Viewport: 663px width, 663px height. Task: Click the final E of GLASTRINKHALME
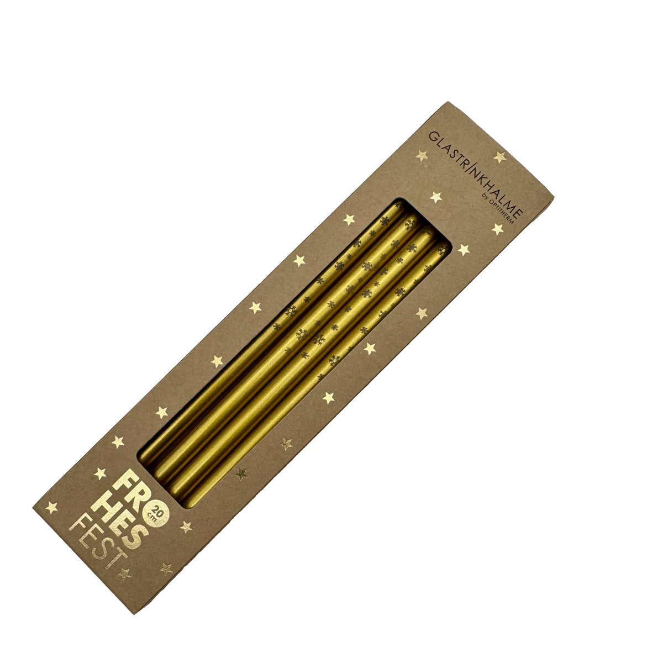pyautogui.click(x=518, y=212)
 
